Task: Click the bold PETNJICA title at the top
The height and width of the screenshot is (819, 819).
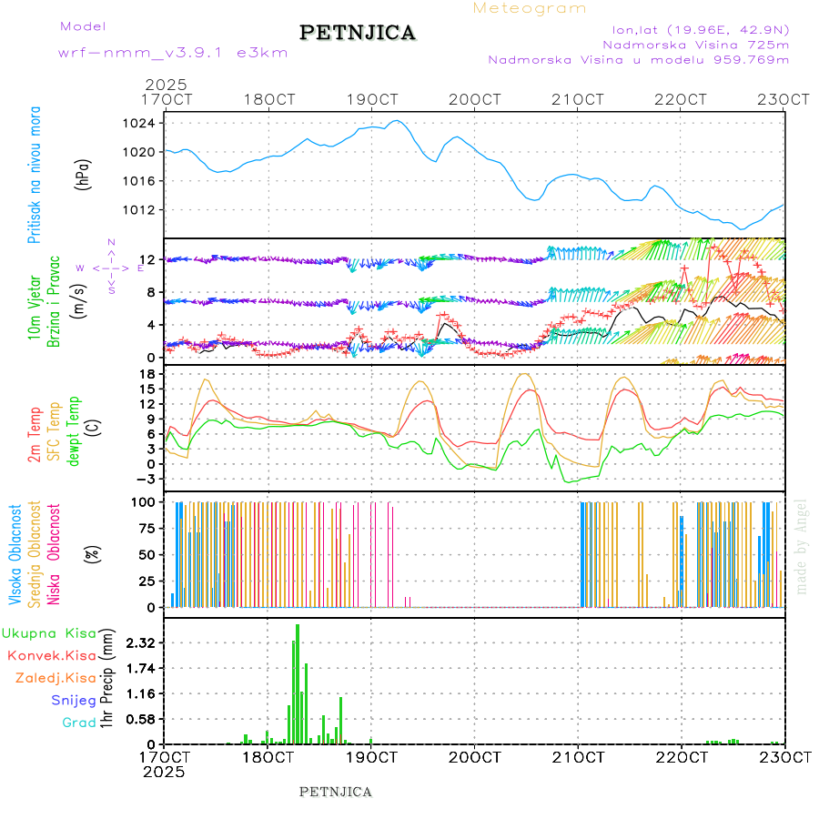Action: [x=358, y=33]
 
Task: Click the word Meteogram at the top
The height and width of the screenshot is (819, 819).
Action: [x=530, y=8]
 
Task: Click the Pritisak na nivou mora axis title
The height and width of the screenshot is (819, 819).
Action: [x=35, y=175]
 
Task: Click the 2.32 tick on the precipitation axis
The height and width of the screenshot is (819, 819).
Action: [x=140, y=642]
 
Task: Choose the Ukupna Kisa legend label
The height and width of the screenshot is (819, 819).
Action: [x=49, y=632]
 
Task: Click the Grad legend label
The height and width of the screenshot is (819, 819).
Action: [x=78, y=723]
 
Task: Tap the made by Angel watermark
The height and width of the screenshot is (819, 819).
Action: [x=802, y=546]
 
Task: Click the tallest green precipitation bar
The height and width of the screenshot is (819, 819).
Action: [x=298, y=682]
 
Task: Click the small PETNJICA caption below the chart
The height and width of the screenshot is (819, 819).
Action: [x=336, y=792]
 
